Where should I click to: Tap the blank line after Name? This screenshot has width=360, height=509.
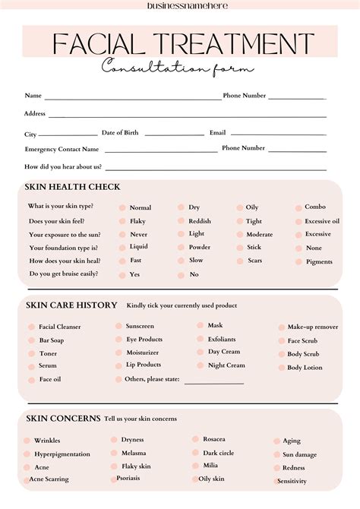coord(132,99)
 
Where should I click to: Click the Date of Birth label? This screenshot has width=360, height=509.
coord(120,132)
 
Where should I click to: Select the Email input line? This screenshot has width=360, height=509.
coord(278,134)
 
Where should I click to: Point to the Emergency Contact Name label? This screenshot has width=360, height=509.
coord(62,150)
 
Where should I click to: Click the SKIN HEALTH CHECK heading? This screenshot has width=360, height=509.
coord(72,187)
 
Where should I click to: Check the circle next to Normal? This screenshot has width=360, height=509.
coord(122,207)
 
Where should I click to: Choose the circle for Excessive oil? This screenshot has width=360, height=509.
coord(297,221)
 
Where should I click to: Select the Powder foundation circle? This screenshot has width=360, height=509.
coord(181,248)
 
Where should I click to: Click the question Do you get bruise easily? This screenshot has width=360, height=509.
coord(65,274)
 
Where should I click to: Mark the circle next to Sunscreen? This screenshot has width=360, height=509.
coord(118,326)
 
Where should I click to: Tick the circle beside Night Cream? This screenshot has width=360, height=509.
coord(200,365)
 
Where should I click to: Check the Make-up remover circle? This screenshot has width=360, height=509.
coord(280,327)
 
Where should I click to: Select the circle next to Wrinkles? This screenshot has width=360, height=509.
coord(27,441)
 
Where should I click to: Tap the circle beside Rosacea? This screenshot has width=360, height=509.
coord(195,439)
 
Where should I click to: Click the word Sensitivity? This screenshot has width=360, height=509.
coord(292,481)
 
